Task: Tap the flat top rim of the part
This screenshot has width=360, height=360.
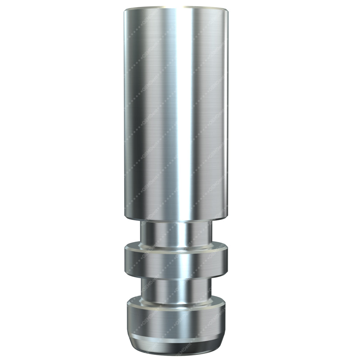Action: [176, 8]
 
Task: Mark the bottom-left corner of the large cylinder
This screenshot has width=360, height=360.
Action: [125, 216]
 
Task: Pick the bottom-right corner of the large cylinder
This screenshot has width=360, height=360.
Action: [227, 216]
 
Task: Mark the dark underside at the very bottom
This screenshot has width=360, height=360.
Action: [176, 351]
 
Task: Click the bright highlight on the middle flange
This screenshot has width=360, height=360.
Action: [180, 263]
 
